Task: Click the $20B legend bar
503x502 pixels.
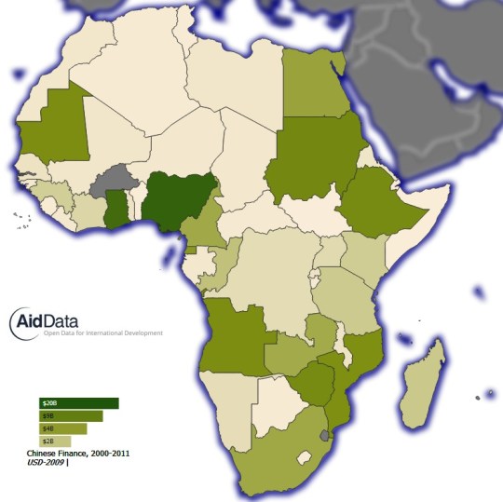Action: tap(79, 402)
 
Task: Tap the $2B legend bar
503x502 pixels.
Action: tap(54, 441)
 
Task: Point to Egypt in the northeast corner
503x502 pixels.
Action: tap(313, 84)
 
